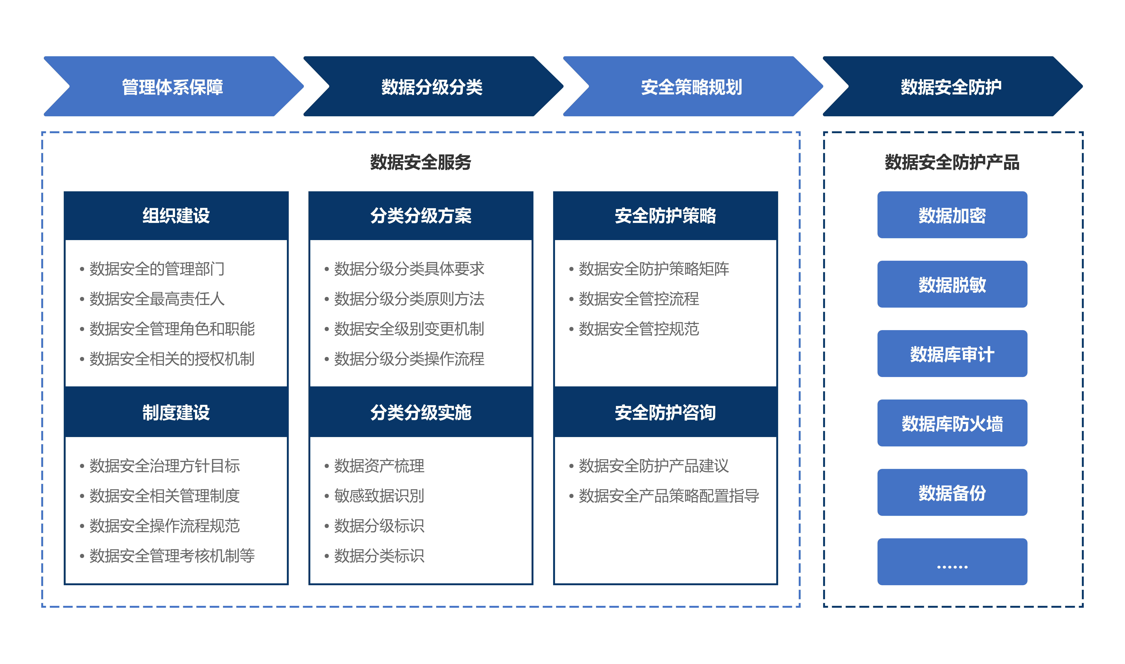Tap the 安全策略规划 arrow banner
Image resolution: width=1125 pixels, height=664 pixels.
click(x=692, y=86)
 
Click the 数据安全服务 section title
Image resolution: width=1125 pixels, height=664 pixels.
click(x=421, y=162)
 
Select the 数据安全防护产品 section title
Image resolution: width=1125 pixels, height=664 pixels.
click(x=952, y=162)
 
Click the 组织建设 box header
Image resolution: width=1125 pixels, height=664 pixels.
click(x=176, y=216)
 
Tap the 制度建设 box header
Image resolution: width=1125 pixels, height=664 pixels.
click(x=176, y=412)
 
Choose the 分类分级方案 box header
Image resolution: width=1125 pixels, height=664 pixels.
click(x=421, y=216)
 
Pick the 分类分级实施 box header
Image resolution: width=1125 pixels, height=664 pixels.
click(x=421, y=412)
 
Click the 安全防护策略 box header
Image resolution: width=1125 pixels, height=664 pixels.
click(x=665, y=216)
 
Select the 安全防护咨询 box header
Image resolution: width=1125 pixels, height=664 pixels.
click(x=665, y=412)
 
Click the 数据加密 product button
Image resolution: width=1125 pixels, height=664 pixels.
click(x=952, y=215)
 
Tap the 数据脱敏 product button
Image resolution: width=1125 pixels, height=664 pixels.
click(x=952, y=284)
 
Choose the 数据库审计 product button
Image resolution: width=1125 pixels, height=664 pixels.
click(x=952, y=353)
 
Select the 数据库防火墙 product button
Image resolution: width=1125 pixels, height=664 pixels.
click(x=952, y=423)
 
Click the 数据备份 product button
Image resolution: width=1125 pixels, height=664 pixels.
click(x=952, y=492)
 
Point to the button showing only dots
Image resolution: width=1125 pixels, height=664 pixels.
click(x=952, y=562)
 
